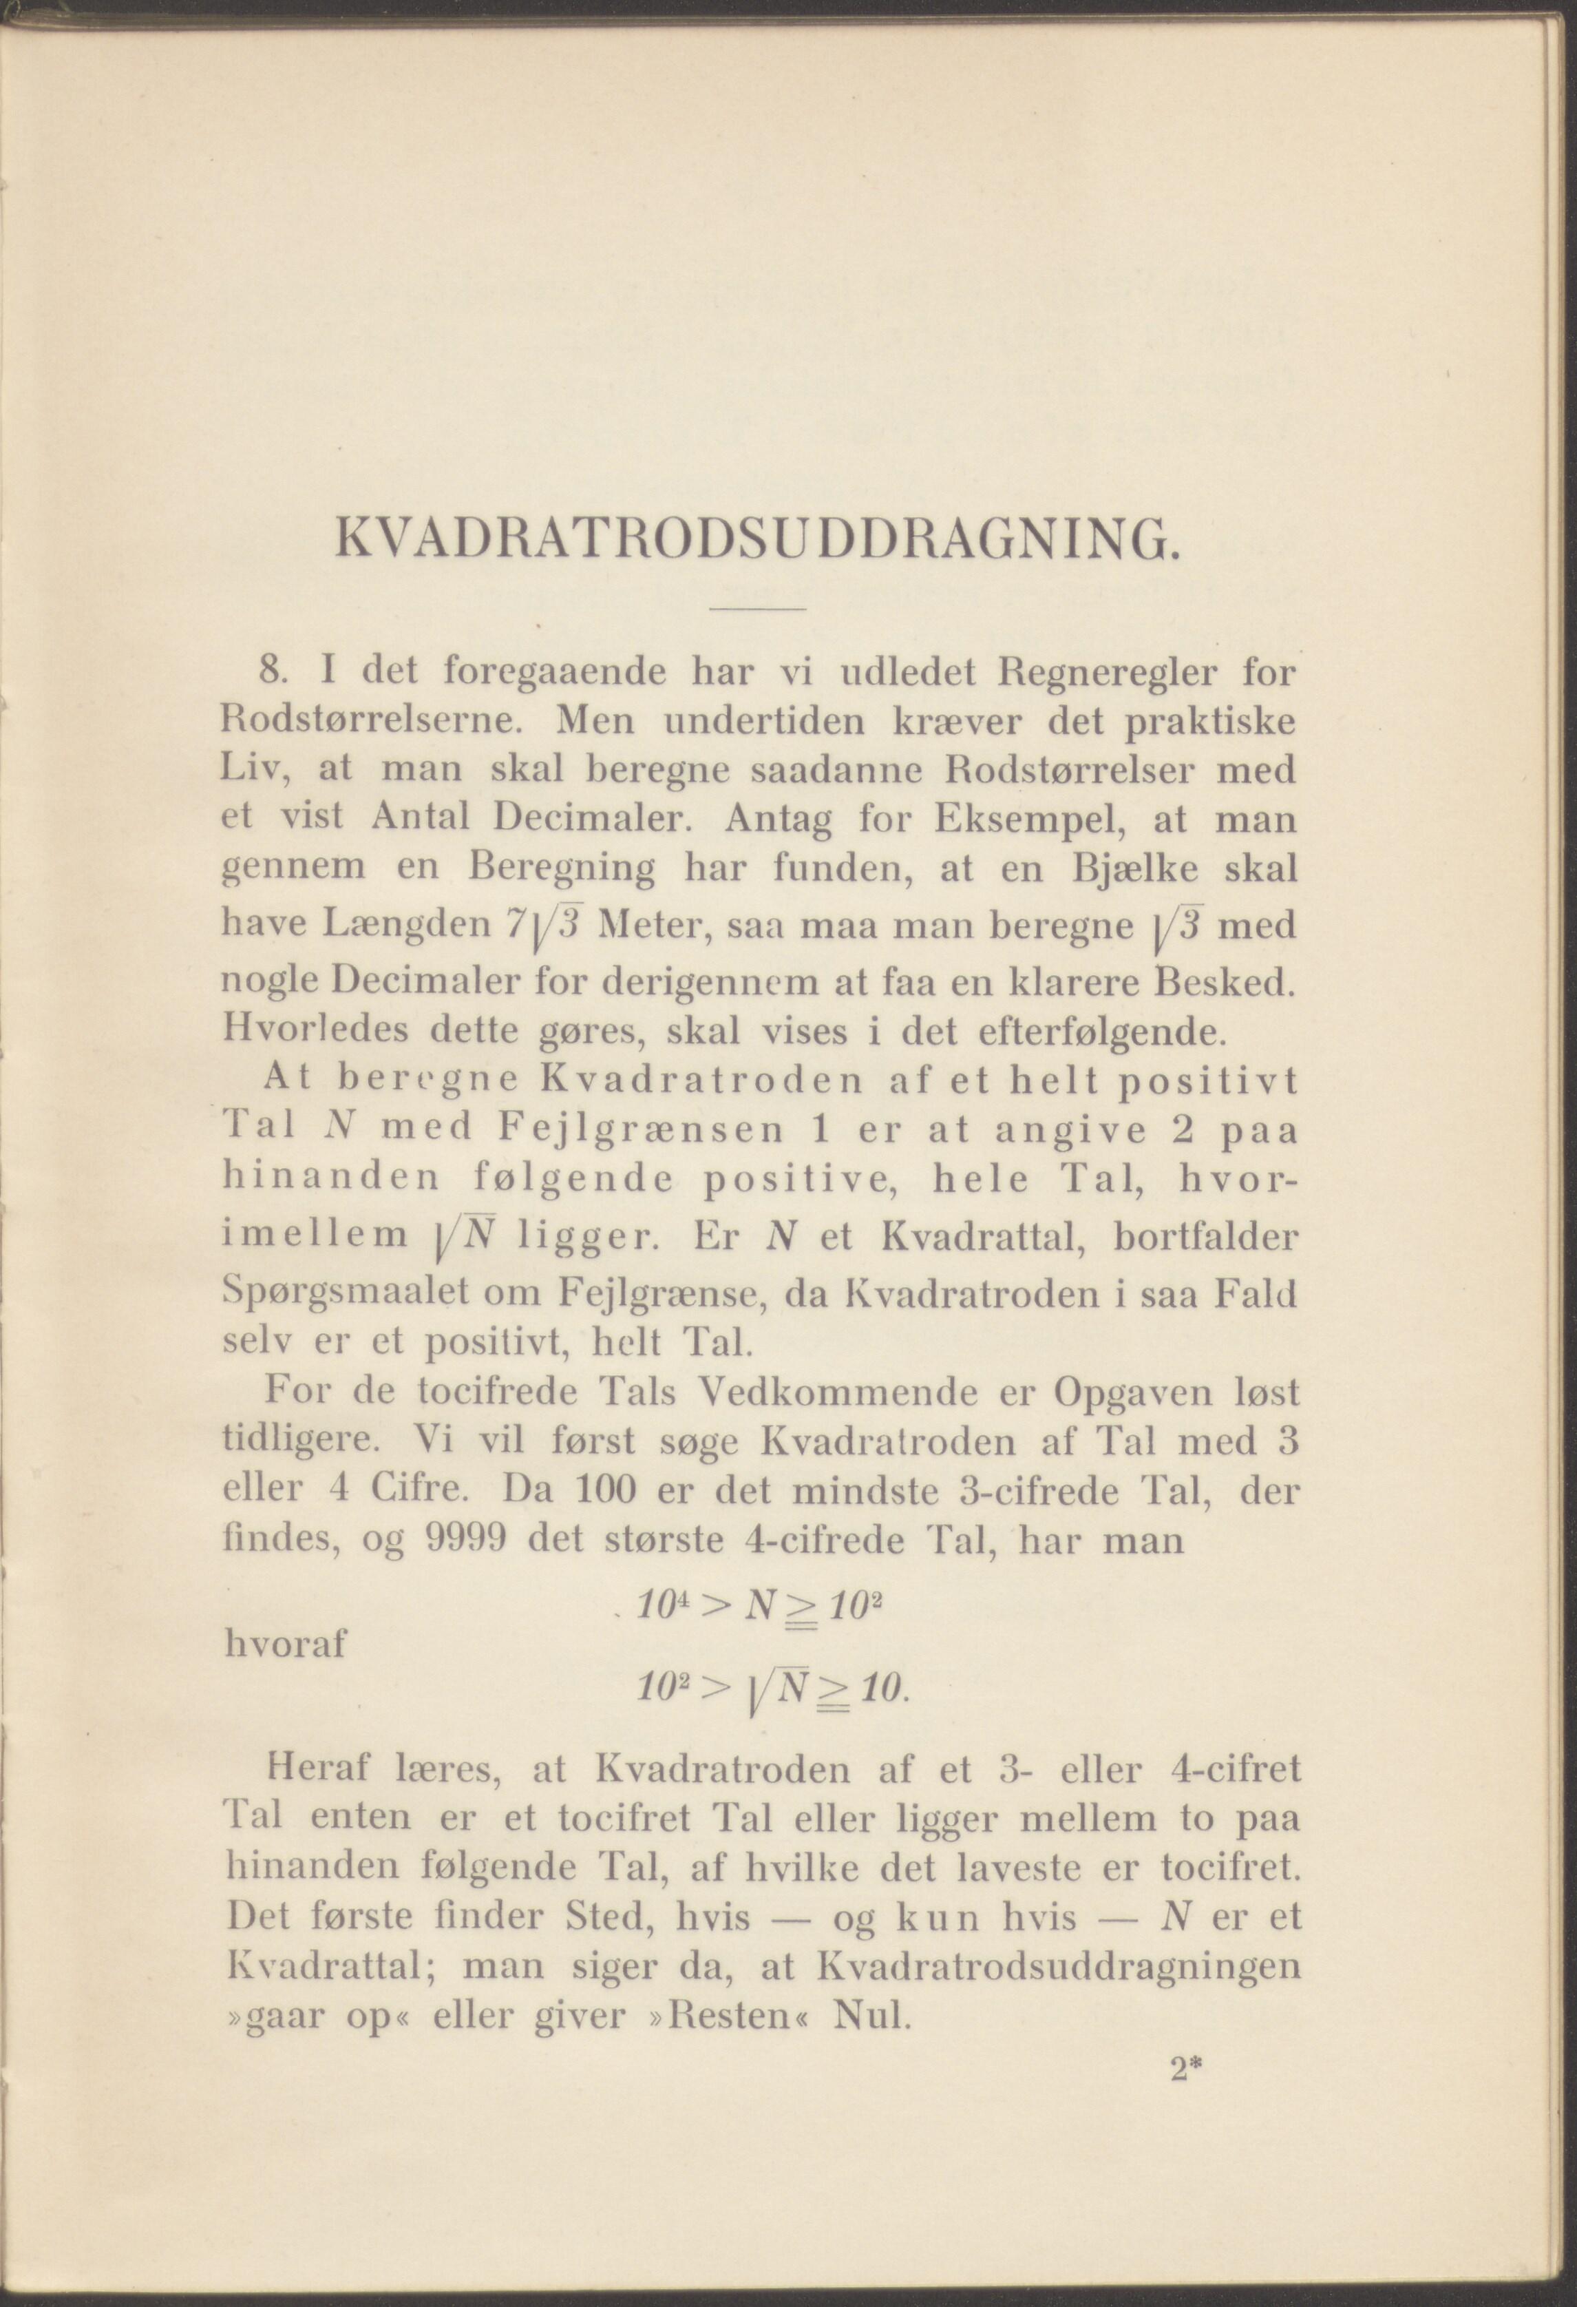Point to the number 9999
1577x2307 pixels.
465,1540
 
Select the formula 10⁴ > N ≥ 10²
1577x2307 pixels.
759,1605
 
